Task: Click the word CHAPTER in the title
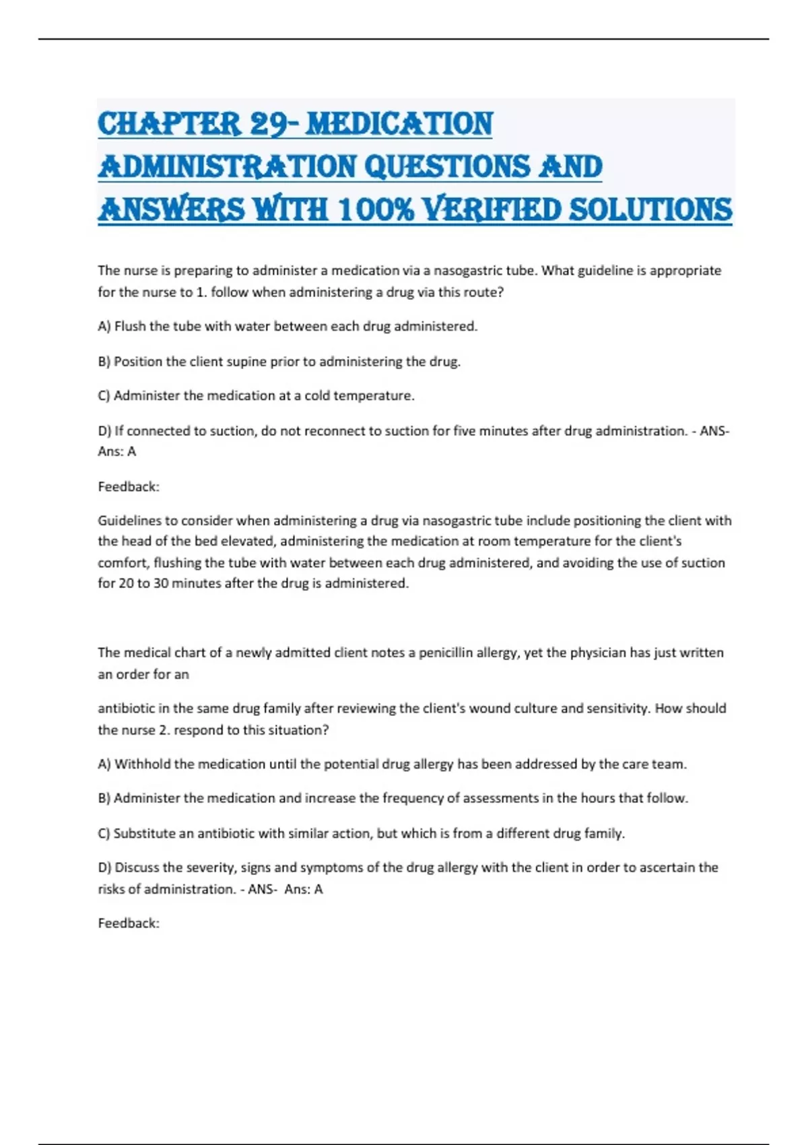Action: pyautogui.click(x=169, y=125)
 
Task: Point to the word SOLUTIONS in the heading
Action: pyautogui.click(x=650, y=209)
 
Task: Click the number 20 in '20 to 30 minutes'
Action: pyautogui.click(x=126, y=583)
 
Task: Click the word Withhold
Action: pyautogui.click(x=143, y=764)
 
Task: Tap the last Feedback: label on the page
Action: pyautogui.click(x=129, y=923)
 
